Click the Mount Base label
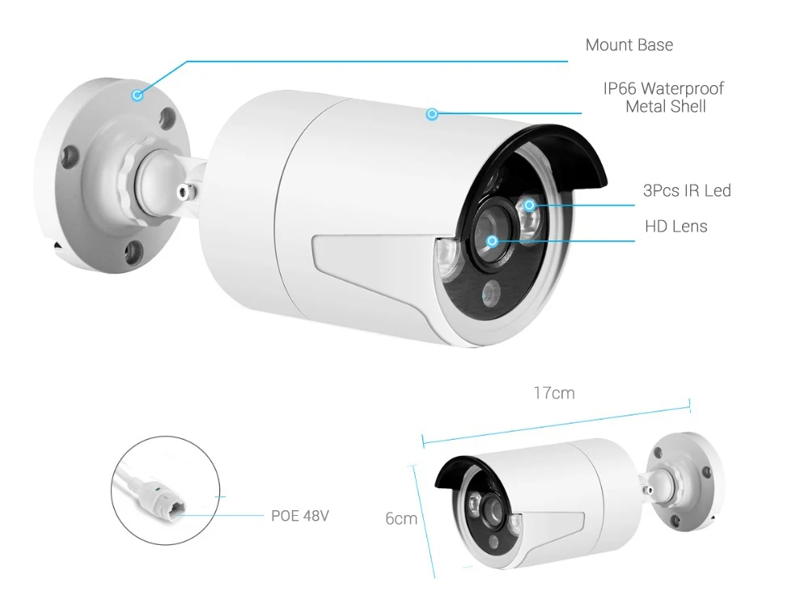tap(629, 45)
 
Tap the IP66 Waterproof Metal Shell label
tap(663, 97)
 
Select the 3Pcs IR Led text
tap(687, 191)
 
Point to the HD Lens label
tap(676, 227)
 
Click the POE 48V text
tap(299, 515)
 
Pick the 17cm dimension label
tap(553, 394)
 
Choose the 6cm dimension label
tap(400, 518)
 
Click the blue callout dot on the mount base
tap(138, 95)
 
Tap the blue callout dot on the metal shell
tap(432, 114)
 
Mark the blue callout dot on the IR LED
tap(530, 205)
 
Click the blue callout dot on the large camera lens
tap(492, 240)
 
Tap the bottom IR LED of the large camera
tap(490, 294)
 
